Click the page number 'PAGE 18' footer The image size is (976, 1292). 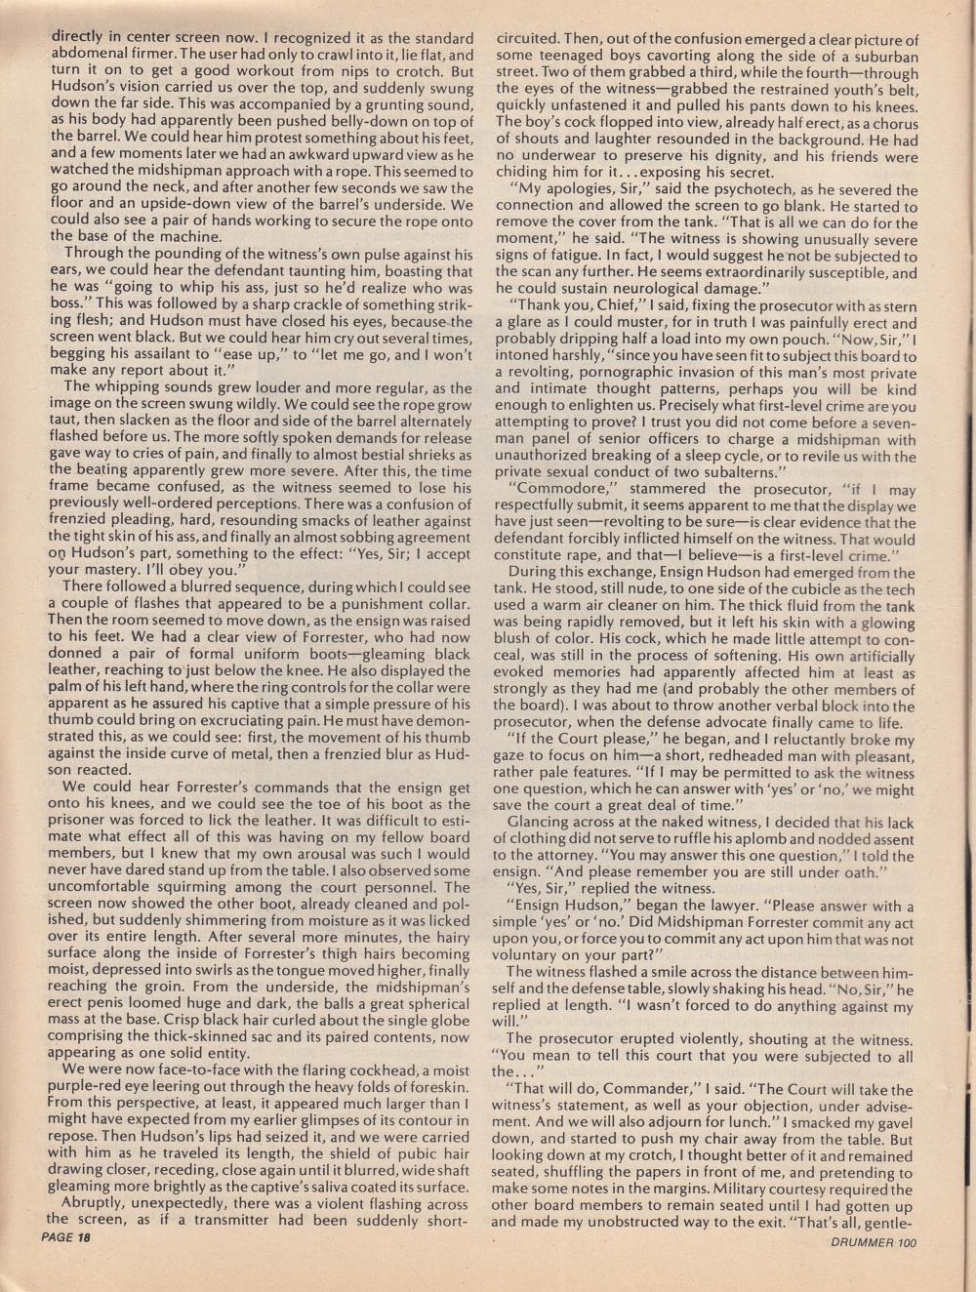66,1239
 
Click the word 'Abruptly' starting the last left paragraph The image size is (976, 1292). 94,1203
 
